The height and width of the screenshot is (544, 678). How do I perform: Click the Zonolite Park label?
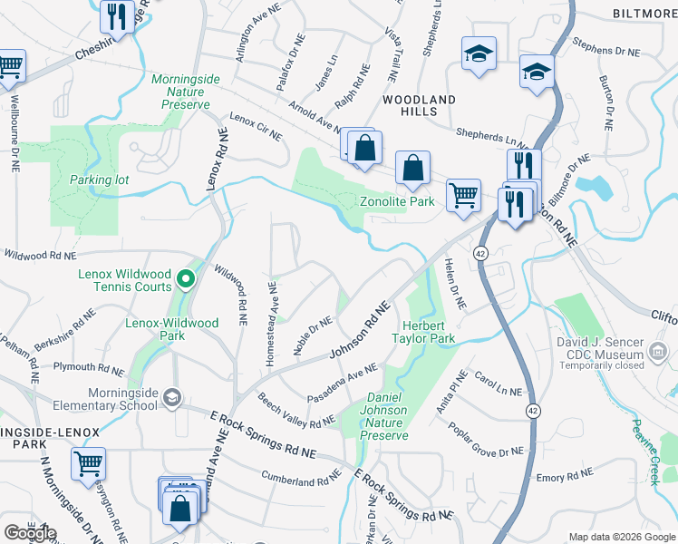tap(397, 201)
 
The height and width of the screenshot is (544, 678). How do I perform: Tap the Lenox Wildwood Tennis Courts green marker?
tap(186, 277)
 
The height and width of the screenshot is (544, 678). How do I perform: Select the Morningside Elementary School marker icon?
tap(172, 396)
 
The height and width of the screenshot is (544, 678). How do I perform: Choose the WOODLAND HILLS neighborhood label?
tap(419, 105)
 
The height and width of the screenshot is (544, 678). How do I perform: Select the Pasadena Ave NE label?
tap(343, 380)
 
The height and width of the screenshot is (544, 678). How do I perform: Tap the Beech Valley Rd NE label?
tap(296, 411)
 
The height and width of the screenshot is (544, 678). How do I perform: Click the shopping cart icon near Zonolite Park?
tap(463, 193)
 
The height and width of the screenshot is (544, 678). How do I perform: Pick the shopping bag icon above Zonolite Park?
tap(412, 167)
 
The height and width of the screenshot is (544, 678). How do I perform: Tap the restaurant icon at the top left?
tap(117, 15)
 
